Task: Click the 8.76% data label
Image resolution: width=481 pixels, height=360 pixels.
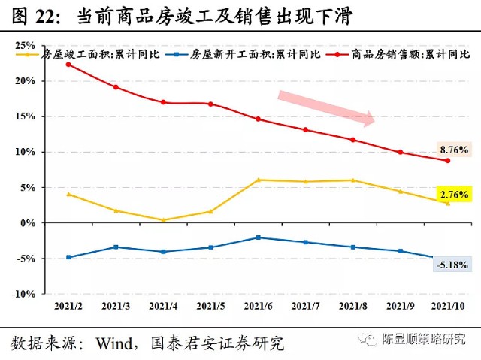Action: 453,150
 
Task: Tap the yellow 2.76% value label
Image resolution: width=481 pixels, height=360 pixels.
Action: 453,194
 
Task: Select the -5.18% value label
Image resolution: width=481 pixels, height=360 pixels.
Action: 453,265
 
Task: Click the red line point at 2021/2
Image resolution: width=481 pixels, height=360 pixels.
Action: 68,64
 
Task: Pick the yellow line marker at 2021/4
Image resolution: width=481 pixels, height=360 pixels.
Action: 163,220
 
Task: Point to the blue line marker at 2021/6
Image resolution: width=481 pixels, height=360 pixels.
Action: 259,237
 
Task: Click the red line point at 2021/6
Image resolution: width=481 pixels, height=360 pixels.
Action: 259,119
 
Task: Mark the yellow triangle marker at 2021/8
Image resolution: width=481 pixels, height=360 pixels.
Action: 353,180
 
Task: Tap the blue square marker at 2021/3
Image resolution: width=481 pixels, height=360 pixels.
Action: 116,247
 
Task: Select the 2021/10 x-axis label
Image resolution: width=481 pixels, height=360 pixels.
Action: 449,307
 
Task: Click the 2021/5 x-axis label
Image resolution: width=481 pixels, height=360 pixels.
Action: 210,307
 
